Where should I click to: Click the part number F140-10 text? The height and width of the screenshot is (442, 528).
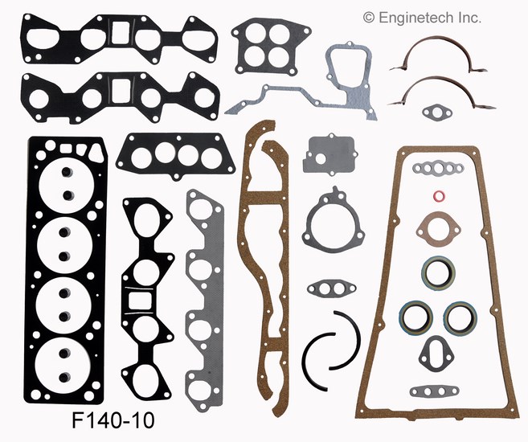click(113, 419)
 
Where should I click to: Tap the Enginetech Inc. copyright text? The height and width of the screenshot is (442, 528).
click(422, 17)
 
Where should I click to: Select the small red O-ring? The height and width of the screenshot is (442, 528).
click(437, 195)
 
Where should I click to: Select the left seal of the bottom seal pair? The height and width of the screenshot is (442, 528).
click(416, 316)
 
